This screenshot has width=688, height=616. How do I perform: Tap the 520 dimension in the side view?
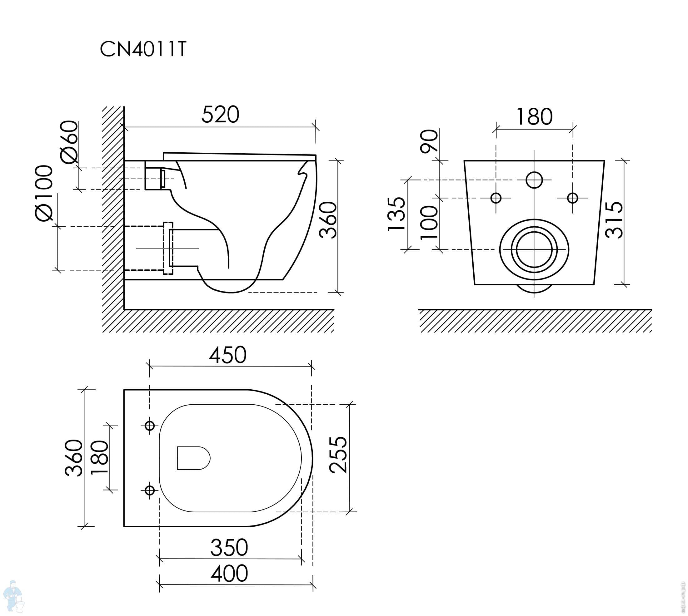tap(220, 115)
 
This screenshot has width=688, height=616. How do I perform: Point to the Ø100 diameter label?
tap(44, 193)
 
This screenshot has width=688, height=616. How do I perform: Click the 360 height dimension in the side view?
tap(328, 220)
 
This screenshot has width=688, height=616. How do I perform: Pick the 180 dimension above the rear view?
tap(534, 117)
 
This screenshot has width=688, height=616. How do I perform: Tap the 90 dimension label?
tap(429, 141)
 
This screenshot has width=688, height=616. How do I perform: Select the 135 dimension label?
tap(396, 214)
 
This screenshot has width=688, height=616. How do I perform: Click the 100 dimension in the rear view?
tap(429, 222)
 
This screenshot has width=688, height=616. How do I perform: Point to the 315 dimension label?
tap(614, 220)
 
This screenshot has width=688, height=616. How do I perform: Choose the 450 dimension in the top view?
tap(227, 355)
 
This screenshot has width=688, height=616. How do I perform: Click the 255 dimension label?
tap(338, 455)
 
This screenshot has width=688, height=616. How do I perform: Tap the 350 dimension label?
tap(229, 548)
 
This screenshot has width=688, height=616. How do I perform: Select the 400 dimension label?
tap(229, 573)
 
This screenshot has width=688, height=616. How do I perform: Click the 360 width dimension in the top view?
tap(73, 458)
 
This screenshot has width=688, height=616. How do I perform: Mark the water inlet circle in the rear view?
tap(534, 180)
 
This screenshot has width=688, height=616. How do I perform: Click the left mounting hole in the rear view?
tap(496, 198)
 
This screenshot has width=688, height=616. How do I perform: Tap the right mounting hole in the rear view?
tap(572, 198)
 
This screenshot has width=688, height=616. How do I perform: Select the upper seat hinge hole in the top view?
tap(149, 426)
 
